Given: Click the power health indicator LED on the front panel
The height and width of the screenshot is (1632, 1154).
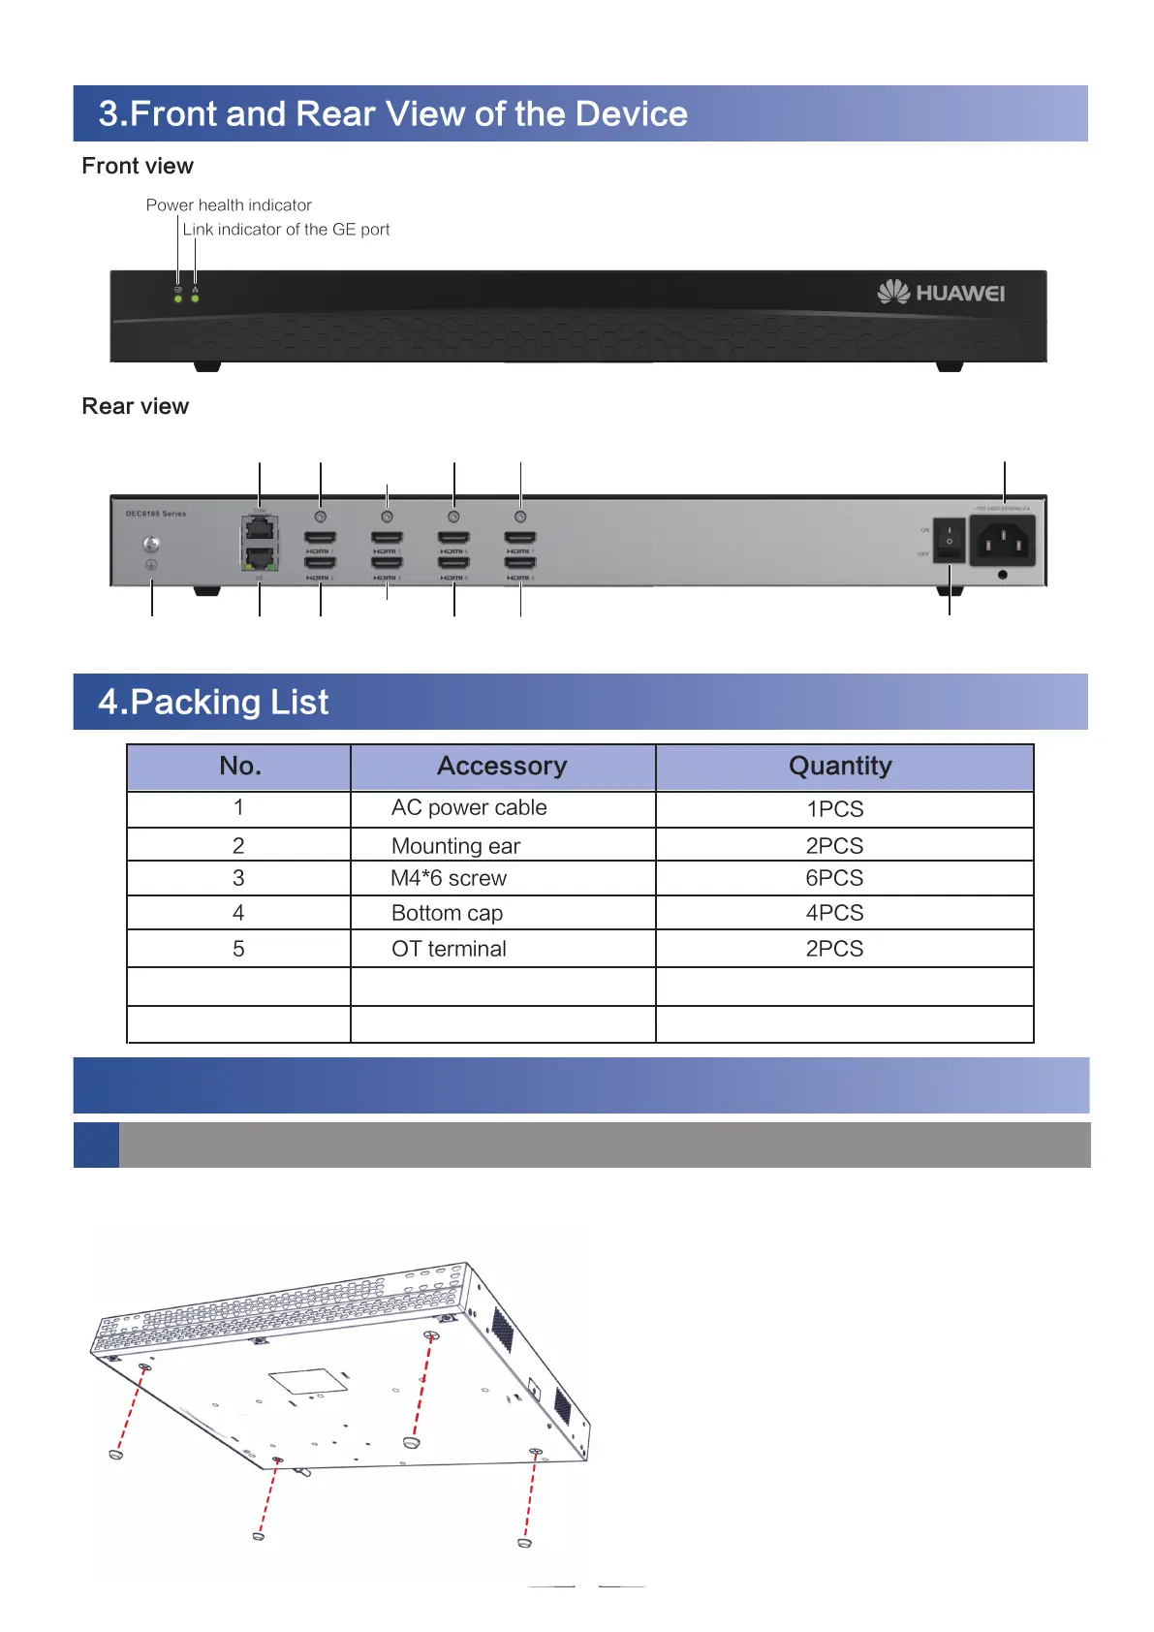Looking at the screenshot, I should click(178, 298).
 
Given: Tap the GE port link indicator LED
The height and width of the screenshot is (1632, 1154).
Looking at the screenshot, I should click(195, 298).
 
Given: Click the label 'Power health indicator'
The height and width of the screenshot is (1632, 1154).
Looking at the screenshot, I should click(229, 205).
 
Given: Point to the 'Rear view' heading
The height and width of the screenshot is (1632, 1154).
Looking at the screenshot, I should click(136, 406).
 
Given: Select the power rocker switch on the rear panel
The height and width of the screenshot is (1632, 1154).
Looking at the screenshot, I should click(950, 540).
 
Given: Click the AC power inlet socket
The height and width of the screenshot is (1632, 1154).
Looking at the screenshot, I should click(1002, 540).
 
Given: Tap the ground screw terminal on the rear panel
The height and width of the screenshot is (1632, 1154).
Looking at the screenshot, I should click(151, 545).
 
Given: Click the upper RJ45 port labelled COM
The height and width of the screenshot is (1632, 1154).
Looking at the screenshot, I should click(260, 529).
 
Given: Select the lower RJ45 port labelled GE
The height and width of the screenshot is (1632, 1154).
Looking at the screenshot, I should click(260, 559).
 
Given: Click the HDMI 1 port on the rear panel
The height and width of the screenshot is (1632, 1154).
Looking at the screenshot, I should click(321, 538).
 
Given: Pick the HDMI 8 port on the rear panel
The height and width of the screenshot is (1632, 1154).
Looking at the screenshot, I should click(520, 563).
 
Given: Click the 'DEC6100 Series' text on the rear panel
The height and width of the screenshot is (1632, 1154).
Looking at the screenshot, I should click(156, 514).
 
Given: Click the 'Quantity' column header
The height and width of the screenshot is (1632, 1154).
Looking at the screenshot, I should click(840, 767).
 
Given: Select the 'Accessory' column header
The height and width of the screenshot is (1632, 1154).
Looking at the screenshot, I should click(502, 767).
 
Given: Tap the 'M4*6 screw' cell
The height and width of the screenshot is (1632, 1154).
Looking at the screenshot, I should click(449, 879).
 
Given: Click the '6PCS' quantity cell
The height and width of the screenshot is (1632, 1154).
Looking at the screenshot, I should click(834, 878).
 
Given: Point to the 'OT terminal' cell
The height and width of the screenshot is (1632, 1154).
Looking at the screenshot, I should click(449, 949).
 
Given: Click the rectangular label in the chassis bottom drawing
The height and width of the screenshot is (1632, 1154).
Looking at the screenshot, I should click(308, 1382).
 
